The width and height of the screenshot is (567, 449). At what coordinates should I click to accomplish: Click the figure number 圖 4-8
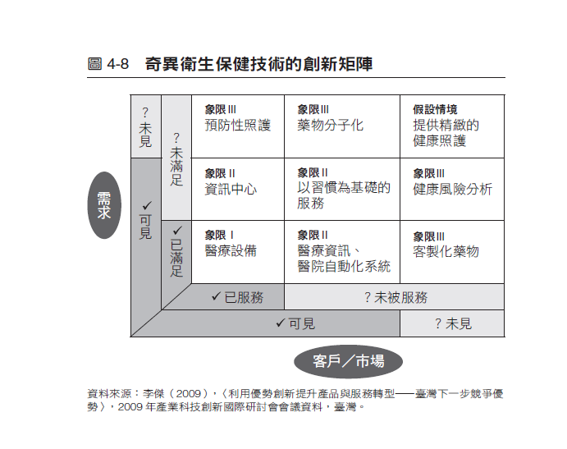(x=108, y=64)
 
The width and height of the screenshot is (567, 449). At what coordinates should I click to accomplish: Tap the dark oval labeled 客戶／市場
(x=348, y=360)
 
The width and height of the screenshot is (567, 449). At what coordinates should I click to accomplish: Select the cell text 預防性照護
(x=237, y=126)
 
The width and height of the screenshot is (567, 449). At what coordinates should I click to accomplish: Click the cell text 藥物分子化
(x=330, y=126)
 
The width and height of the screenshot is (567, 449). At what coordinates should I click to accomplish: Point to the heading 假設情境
(x=435, y=110)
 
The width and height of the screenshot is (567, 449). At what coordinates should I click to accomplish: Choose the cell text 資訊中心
(x=231, y=189)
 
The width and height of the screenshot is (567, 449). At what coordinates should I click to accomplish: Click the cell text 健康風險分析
(x=452, y=189)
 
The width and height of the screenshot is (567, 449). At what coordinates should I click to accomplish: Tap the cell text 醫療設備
(x=231, y=251)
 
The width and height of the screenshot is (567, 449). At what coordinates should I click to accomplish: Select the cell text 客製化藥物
(x=446, y=251)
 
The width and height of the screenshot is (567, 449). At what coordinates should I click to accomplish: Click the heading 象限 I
(x=219, y=235)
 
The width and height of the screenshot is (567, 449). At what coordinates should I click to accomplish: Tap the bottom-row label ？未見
(x=452, y=323)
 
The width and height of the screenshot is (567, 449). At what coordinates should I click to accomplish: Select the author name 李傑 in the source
(x=153, y=393)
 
